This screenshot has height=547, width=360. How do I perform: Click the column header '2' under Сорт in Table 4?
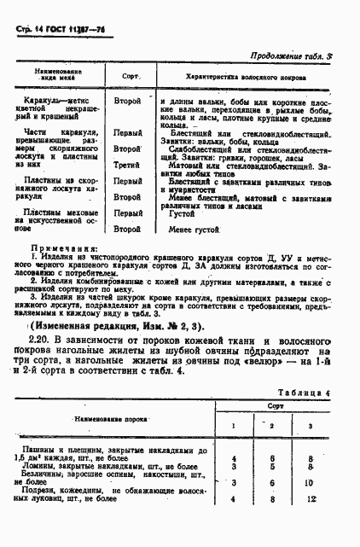[271, 425]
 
